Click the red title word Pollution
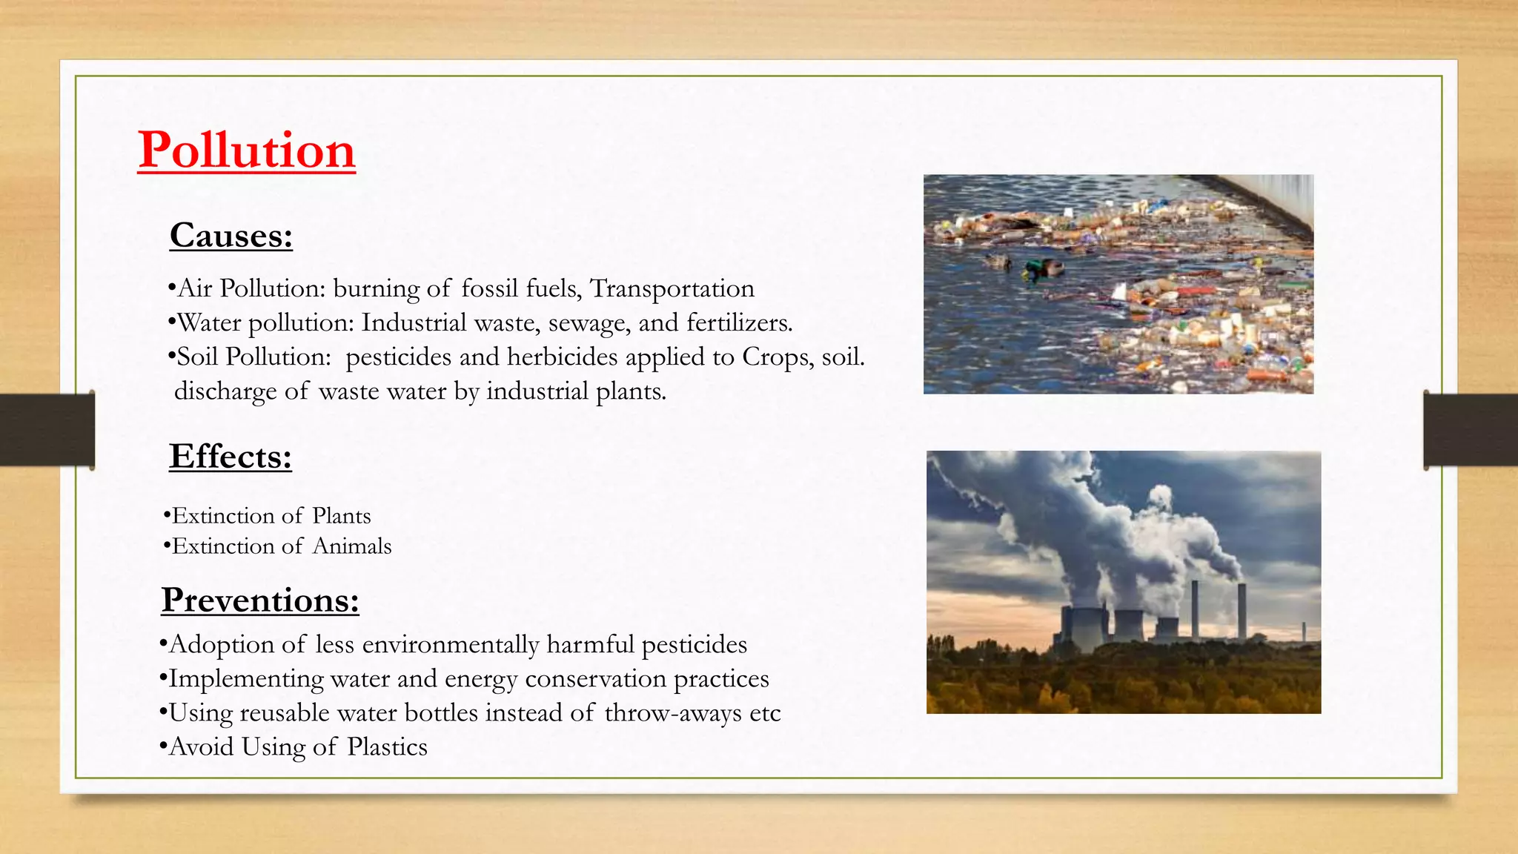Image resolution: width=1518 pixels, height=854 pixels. click(x=246, y=150)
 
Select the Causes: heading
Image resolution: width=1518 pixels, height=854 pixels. click(x=231, y=236)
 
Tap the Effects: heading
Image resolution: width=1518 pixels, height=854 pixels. click(x=231, y=456)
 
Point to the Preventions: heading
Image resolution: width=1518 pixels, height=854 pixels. click(x=260, y=600)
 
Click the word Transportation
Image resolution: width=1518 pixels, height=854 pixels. click(x=672, y=288)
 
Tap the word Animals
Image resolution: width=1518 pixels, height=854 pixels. click(x=352, y=546)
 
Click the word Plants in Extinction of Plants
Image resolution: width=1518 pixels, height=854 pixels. click(x=342, y=516)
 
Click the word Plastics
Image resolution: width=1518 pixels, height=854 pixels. click(x=388, y=747)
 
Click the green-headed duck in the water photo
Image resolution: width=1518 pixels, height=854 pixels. click(x=1044, y=269)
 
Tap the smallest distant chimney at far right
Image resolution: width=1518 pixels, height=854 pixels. click(x=1304, y=632)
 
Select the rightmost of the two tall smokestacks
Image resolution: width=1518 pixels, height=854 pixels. click(x=1242, y=611)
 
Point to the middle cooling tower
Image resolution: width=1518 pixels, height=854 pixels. click(x=1129, y=626)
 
